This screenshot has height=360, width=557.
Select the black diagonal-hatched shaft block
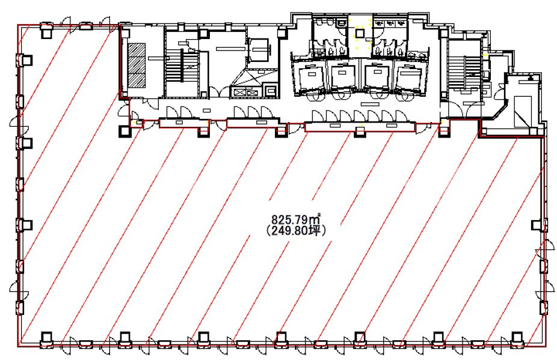137,66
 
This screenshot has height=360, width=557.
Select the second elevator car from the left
342,76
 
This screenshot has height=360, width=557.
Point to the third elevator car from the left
377,76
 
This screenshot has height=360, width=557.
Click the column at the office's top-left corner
46,31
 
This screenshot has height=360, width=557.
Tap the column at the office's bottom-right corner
517,340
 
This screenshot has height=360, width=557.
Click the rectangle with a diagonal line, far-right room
523,111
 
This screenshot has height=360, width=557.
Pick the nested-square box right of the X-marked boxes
271,91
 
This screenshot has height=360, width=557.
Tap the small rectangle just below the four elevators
369,104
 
